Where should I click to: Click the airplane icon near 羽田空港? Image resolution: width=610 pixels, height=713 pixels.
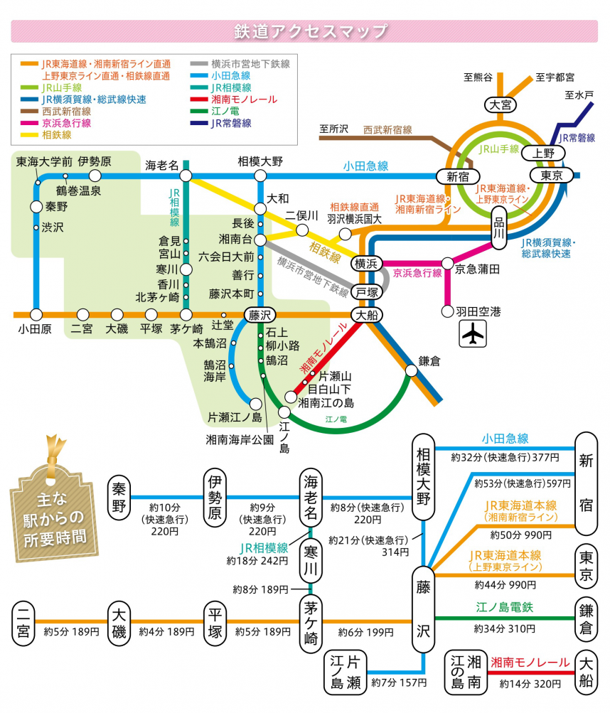click(471, 333)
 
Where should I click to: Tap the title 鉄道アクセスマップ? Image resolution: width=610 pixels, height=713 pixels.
click(311, 31)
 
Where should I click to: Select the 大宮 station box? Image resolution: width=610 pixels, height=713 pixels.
click(499, 105)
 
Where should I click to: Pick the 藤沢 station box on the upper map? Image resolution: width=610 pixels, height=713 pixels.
click(257, 314)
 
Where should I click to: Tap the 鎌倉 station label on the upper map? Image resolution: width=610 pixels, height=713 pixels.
click(429, 361)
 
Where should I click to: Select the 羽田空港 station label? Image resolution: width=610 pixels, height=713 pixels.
click(478, 311)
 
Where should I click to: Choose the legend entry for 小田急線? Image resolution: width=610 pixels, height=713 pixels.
click(231, 75)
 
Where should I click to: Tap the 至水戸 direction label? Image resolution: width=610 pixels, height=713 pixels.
click(579, 94)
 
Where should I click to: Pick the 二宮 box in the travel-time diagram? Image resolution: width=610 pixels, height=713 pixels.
click(24, 622)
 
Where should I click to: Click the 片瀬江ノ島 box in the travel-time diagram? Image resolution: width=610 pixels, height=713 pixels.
click(345, 672)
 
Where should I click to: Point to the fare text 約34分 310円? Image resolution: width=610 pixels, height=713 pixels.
click(504, 628)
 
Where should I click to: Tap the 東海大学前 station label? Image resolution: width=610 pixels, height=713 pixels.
click(43, 162)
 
